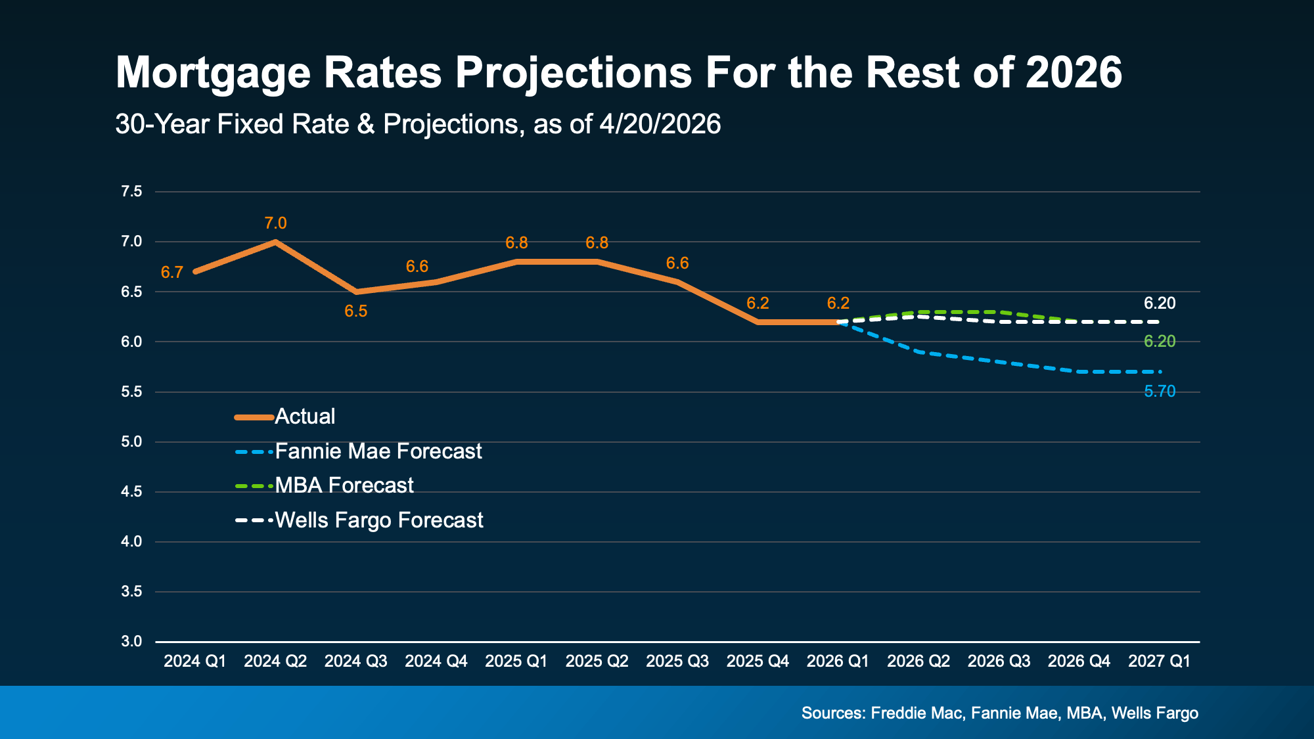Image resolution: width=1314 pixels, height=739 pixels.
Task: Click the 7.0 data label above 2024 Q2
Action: coord(275,223)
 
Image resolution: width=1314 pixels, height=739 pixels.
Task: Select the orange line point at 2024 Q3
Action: coord(356,292)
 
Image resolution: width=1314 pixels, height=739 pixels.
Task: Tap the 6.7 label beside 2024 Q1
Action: coord(171,273)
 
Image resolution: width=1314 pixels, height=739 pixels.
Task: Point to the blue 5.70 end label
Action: coord(1160,392)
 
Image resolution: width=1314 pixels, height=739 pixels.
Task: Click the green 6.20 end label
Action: coord(1160,342)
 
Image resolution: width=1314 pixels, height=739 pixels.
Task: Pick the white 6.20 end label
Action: coord(1160,303)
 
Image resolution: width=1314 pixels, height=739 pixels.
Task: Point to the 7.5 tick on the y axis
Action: coord(131,192)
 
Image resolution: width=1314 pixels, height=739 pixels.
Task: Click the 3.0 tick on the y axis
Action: coord(131,641)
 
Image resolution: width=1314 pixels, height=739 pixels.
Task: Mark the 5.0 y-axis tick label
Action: coord(131,441)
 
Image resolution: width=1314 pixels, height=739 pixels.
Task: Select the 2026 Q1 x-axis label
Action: coord(838,661)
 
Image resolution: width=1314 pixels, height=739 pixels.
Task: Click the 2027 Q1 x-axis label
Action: coord(1159,661)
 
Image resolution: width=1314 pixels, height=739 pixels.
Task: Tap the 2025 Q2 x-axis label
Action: coord(597,661)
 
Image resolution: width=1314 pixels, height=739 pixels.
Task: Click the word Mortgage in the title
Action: coord(213,73)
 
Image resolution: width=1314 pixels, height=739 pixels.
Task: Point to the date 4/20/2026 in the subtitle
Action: coord(660,124)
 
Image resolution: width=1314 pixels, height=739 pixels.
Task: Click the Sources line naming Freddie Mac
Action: coord(999,713)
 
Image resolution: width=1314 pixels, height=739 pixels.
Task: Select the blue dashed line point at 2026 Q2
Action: coord(918,352)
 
